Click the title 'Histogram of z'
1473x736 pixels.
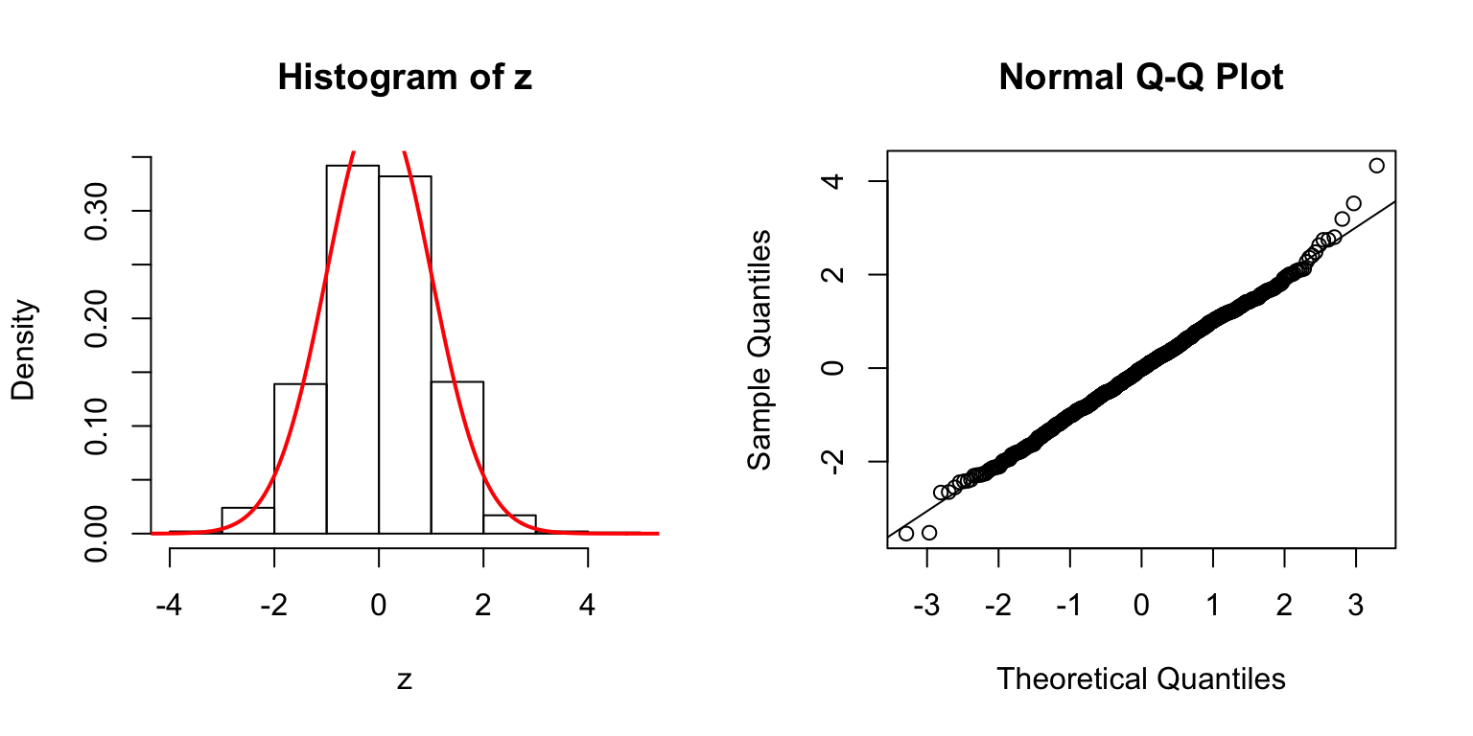(x=404, y=78)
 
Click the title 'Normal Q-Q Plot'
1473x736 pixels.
(x=1140, y=78)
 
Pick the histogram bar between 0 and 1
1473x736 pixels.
(x=405, y=355)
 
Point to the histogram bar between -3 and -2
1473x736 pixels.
(x=247, y=520)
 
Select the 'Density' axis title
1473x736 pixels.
(x=24, y=350)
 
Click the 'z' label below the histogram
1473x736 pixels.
(x=405, y=679)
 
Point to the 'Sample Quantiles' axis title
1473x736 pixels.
(x=760, y=350)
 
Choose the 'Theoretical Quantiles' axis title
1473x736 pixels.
(x=1140, y=679)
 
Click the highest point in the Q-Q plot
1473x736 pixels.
(x=1376, y=166)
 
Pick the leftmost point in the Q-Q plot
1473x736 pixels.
(x=906, y=533)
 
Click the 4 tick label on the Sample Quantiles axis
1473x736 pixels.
(x=833, y=181)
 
